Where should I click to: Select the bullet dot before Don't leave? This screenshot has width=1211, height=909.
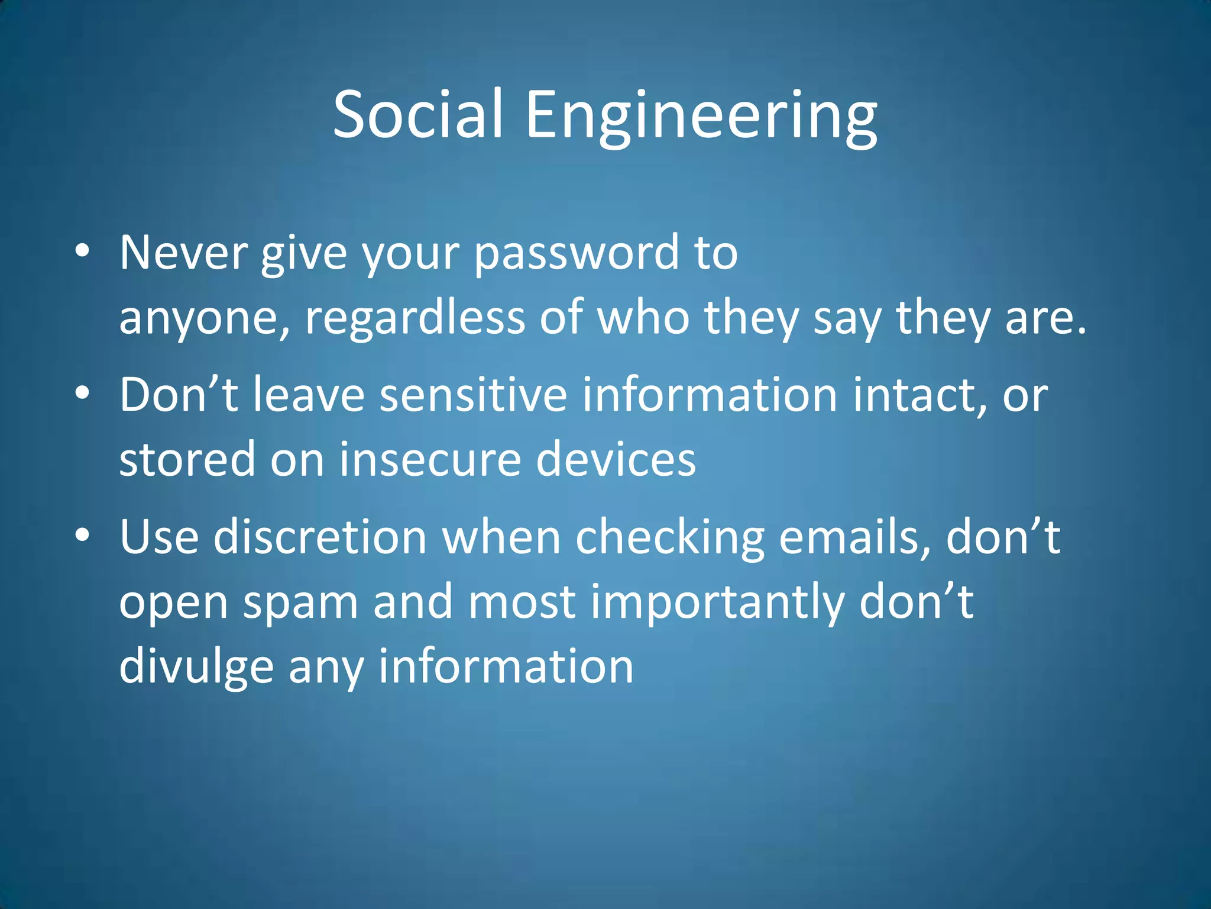pyautogui.click(x=82, y=393)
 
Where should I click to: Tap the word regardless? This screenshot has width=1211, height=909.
pyautogui.click(x=415, y=318)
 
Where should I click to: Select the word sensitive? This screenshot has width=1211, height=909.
pyautogui.click(x=473, y=395)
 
